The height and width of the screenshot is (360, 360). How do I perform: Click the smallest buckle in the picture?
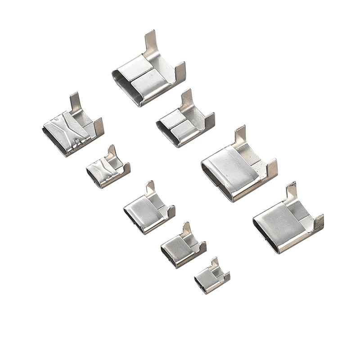click(211, 277)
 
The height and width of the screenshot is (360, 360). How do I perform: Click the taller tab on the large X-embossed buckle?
click(75, 103)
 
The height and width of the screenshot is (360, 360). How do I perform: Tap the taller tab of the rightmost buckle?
click(291, 193)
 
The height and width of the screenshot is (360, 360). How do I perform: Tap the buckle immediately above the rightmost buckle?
click(236, 166)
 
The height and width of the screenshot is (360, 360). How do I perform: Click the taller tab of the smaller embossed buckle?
click(110, 152)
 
